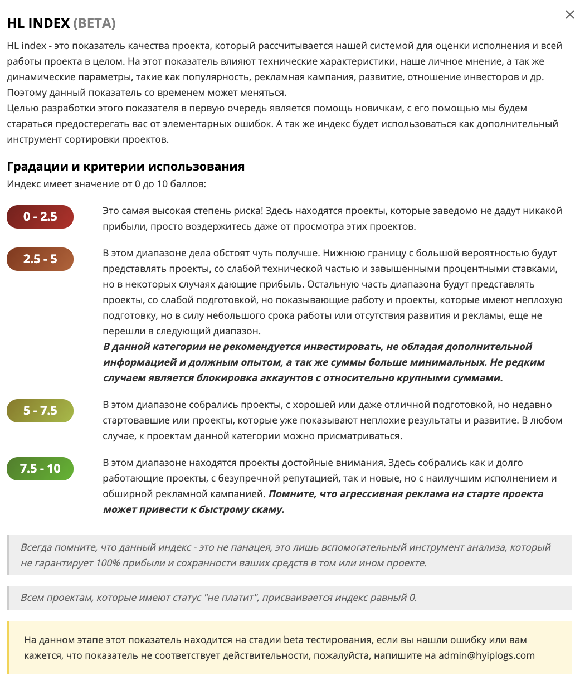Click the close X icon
point(569,15)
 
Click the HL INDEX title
point(38,23)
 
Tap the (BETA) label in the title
point(94,23)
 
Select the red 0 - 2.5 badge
point(40,217)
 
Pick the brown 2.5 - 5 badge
point(40,259)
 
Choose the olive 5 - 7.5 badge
point(40,411)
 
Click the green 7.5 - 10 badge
point(40,469)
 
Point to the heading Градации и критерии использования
point(125,166)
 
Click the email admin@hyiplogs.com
point(486,655)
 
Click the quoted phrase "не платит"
point(227,598)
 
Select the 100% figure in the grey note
point(108,563)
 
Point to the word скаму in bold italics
point(264,509)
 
